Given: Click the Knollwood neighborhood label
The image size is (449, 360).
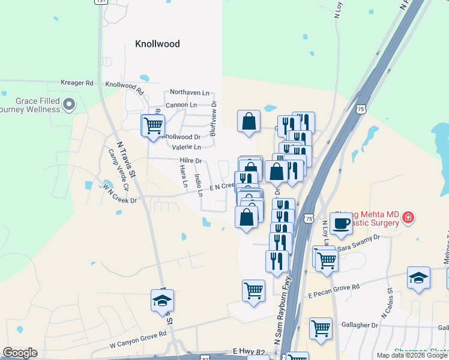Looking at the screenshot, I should [x=157, y=44].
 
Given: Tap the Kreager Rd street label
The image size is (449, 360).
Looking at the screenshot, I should [x=77, y=83].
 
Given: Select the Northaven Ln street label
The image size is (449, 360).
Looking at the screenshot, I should [x=190, y=93].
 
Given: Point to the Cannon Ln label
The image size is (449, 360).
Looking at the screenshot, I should [x=181, y=105].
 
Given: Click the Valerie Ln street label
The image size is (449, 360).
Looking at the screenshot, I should [x=186, y=147].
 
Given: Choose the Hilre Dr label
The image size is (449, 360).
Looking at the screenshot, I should [x=191, y=161].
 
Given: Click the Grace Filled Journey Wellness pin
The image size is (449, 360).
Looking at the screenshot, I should [x=69, y=105].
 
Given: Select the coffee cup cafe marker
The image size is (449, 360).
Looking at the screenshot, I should [x=341, y=223].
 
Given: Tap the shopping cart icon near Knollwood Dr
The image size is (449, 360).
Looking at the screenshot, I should [x=153, y=126].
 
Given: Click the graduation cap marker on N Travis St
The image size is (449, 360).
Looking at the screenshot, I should [x=162, y=300].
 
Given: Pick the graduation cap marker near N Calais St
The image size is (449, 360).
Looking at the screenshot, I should [x=418, y=278].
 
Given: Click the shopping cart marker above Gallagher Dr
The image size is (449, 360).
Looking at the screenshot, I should [x=321, y=328].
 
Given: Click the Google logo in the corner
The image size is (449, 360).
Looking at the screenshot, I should [x=20, y=353].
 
